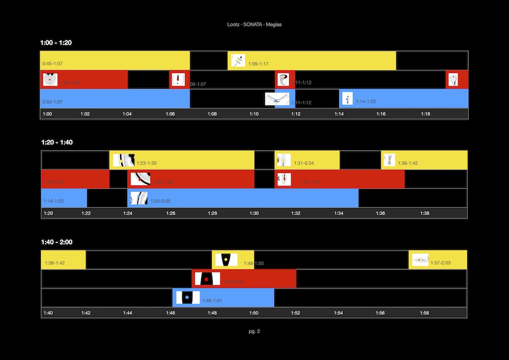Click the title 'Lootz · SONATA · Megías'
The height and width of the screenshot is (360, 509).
coord(254,24)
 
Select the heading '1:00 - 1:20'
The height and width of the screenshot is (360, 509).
coord(56,43)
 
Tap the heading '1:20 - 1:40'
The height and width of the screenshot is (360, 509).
coord(56,142)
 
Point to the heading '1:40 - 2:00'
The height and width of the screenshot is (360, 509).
coord(56,242)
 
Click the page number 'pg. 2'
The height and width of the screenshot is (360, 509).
coord(254,331)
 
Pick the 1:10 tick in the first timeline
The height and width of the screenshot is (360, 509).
coord(254,114)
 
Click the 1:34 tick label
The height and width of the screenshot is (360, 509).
coord(338,213)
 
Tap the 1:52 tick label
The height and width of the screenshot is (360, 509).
coord(296,313)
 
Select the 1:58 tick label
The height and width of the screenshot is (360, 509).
coord(424,313)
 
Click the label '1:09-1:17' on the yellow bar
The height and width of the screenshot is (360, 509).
coord(258,64)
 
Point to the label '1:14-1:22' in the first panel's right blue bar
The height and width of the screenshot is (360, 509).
coord(365,102)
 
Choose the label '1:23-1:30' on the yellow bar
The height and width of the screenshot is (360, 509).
coord(147,163)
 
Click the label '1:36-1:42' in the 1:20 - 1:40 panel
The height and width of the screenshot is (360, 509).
coord(407,163)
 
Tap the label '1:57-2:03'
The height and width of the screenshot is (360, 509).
coord(440,263)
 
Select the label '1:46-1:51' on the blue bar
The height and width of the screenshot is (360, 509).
coord(212,301)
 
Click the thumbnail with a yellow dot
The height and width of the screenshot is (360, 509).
coord(224,260)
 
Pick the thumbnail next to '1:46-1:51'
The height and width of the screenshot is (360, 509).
coord(187,297)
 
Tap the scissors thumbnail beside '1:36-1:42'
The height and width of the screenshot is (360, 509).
coord(389,160)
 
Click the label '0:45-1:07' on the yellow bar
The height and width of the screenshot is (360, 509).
coord(52,64)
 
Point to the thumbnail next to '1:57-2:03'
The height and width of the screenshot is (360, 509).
coord(420,260)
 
